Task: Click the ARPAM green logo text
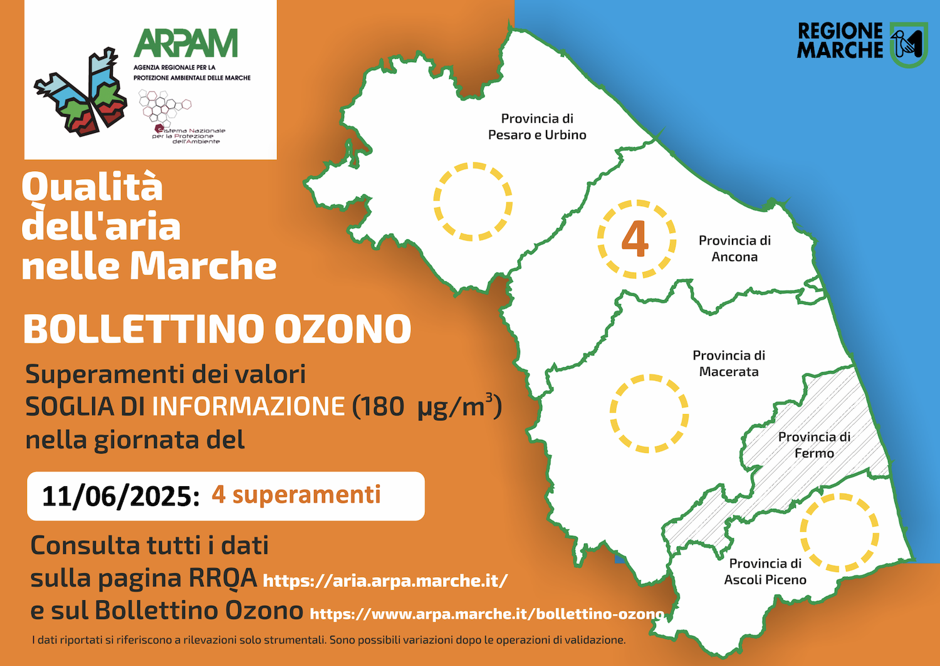coord(185,43)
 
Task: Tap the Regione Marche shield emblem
coord(909,45)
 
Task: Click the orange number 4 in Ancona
coord(635,239)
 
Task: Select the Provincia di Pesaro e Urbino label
coord(537,127)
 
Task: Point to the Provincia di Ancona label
coord(734,249)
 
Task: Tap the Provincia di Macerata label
coord(729,363)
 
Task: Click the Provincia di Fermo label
coord(814,445)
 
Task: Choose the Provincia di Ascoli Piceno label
coord(765,571)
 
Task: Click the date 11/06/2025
coord(121,496)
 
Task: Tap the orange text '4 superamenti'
coord(296,495)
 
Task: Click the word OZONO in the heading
coord(343,329)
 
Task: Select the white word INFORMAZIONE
coord(248,406)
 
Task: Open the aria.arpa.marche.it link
coord(385,581)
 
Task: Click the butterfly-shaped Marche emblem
coord(80,92)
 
